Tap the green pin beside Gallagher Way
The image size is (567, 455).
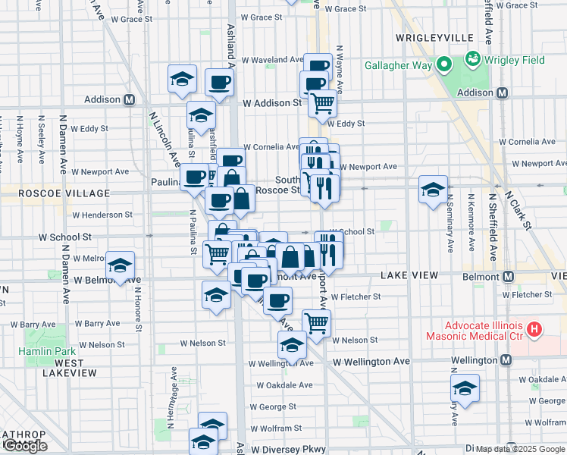[446, 64]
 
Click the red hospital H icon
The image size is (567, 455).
[535, 329]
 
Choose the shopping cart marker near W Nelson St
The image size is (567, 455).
[316, 322]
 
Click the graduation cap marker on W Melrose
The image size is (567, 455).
[121, 266]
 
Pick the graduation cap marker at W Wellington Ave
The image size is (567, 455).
[292, 345]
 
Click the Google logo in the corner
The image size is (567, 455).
[25, 447]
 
